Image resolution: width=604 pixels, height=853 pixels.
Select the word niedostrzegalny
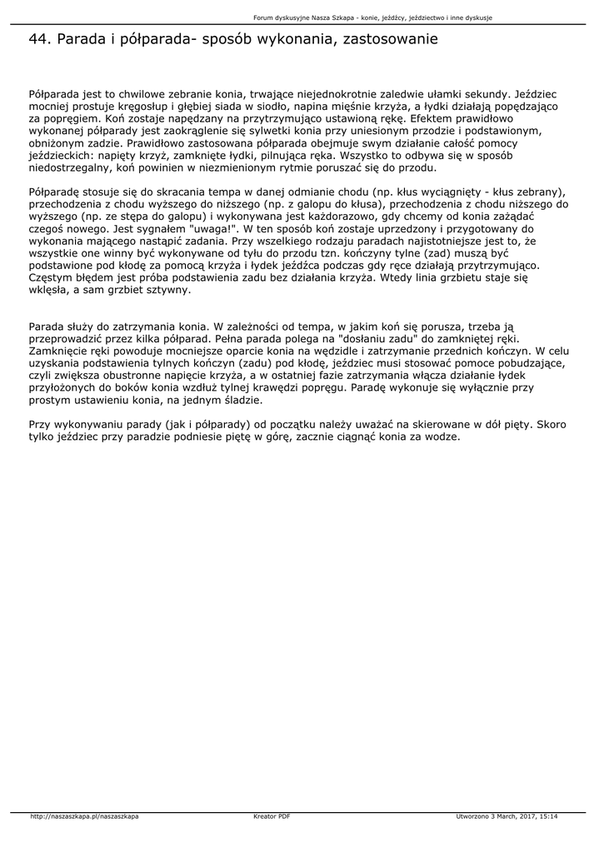[69, 167]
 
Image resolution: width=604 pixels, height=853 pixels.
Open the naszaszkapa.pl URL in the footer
[84, 816]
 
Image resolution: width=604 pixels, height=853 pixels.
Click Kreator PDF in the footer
[272, 816]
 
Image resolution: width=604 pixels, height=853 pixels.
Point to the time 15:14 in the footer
[548, 816]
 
